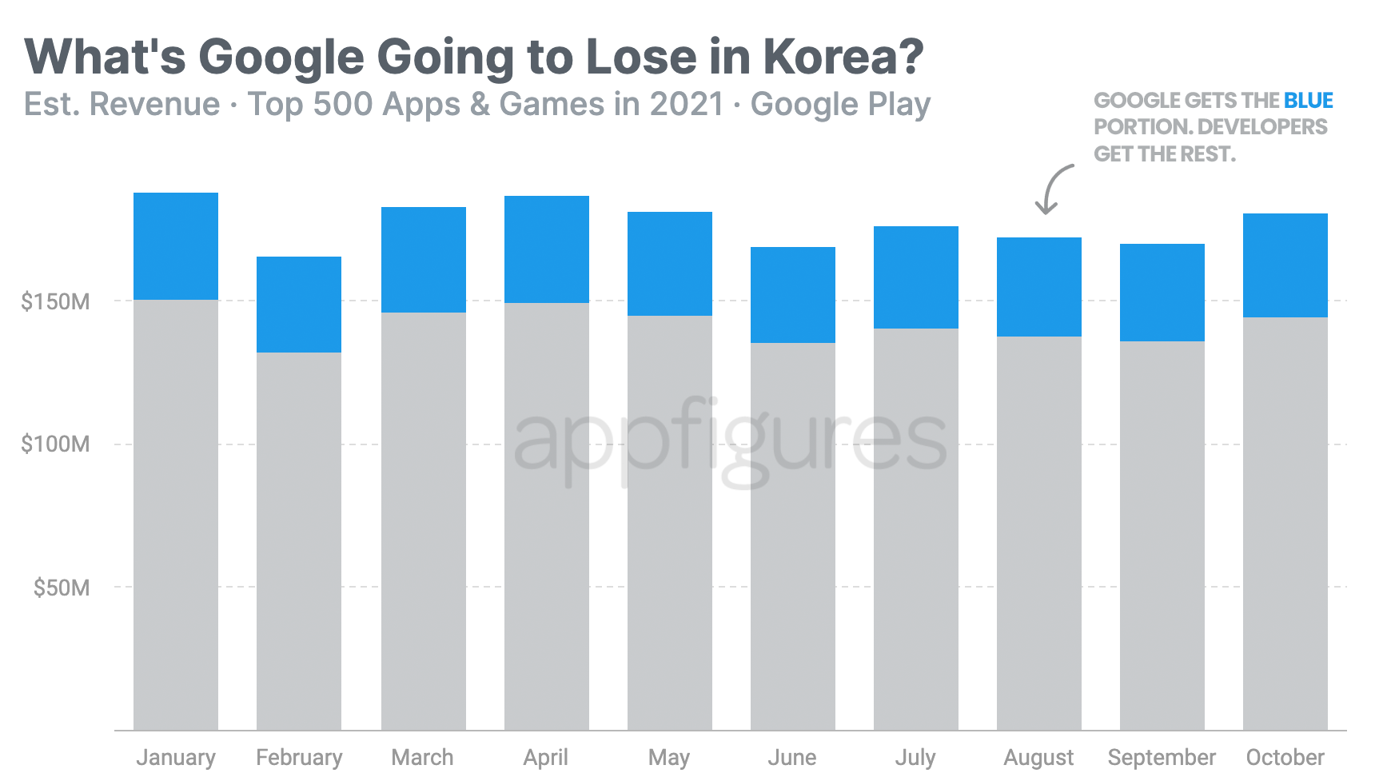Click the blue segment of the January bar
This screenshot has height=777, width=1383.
click(x=176, y=246)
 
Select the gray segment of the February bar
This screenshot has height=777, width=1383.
click(x=299, y=540)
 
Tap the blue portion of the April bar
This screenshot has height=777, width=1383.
click(x=547, y=249)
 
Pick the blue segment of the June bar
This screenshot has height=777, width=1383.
click(x=793, y=295)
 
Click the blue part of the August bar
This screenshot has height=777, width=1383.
click(x=1039, y=287)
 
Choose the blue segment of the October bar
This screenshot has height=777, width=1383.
click(x=1285, y=265)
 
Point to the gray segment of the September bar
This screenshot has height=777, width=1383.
click(x=1162, y=536)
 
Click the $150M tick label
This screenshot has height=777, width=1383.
click(x=55, y=301)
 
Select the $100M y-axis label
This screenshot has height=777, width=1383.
click(x=55, y=444)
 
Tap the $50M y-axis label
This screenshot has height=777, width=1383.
click(x=61, y=588)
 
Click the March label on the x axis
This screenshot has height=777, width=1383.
click(x=422, y=757)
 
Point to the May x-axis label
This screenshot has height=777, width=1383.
click(x=669, y=757)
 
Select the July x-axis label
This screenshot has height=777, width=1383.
click(x=915, y=757)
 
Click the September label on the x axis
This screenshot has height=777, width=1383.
click(x=1162, y=757)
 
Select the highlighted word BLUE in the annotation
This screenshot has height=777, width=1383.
click(x=1309, y=101)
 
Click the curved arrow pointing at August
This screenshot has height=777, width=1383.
click(x=1052, y=189)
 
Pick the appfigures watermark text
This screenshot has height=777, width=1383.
click(x=729, y=441)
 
